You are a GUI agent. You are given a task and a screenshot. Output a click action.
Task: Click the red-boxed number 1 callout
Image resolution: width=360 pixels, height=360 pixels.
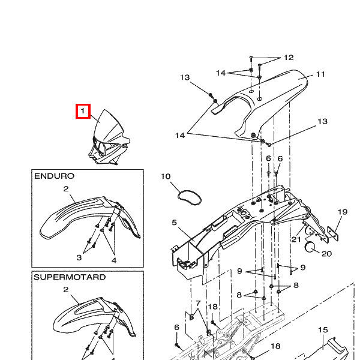click(83, 111)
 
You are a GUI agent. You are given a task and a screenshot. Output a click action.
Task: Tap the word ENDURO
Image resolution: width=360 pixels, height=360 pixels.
click(54, 176)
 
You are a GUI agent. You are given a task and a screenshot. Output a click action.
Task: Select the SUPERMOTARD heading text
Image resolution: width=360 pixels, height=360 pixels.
click(70, 277)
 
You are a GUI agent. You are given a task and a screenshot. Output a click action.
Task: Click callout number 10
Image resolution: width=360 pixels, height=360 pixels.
click(166, 176)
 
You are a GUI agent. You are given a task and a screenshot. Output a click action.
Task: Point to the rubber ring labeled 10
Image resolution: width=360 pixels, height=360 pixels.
click(190, 197)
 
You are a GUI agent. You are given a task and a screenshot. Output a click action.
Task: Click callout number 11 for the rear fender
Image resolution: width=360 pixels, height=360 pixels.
click(320, 74)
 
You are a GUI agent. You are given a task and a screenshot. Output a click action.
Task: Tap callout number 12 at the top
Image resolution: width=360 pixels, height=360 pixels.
click(289, 58)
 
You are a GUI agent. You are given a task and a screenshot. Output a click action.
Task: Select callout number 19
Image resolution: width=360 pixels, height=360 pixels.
click(343, 212)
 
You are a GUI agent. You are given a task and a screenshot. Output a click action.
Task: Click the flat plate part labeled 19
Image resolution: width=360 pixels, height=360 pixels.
click(332, 233)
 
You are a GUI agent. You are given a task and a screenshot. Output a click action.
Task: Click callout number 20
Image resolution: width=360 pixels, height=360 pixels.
click(326, 254)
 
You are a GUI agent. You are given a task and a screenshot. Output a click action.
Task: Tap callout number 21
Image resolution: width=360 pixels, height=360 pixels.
click(296, 239)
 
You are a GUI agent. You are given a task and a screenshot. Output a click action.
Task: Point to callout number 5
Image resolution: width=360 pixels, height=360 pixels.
click(174, 223)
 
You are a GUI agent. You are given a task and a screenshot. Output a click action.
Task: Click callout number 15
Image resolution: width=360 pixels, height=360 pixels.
click(323, 330)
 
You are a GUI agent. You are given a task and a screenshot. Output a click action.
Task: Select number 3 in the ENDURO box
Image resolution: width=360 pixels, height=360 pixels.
click(79, 257)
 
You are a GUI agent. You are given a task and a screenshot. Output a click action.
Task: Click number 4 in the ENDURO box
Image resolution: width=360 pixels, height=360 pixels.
click(114, 260)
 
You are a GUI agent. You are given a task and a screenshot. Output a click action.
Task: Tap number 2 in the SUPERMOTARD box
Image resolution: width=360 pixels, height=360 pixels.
click(66, 290)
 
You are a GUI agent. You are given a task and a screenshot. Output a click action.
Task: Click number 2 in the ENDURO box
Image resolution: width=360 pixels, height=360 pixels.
click(66, 189)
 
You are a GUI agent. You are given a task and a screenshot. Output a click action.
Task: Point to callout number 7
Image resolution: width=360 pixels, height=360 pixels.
click(198, 304)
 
